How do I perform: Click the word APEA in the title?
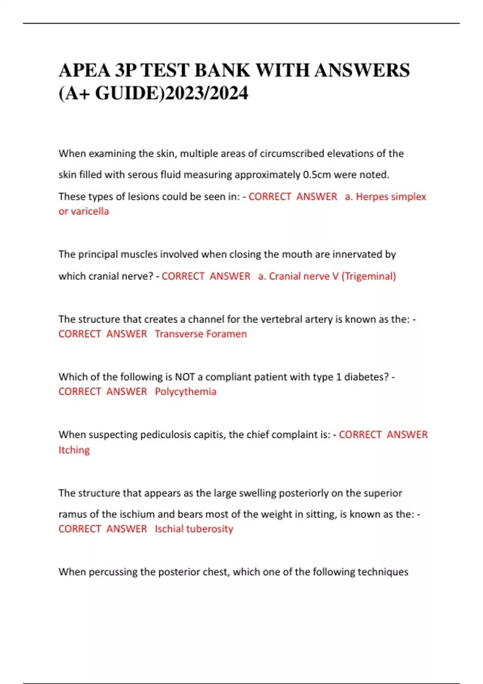click(x=84, y=70)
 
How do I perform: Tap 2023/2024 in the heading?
click(x=207, y=93)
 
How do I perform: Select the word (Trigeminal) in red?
click(x=369, y=276)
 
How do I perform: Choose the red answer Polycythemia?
click(x=186, y=391)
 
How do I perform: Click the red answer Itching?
click(x=74, y=450)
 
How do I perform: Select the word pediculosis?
click(x=165, y=435)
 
